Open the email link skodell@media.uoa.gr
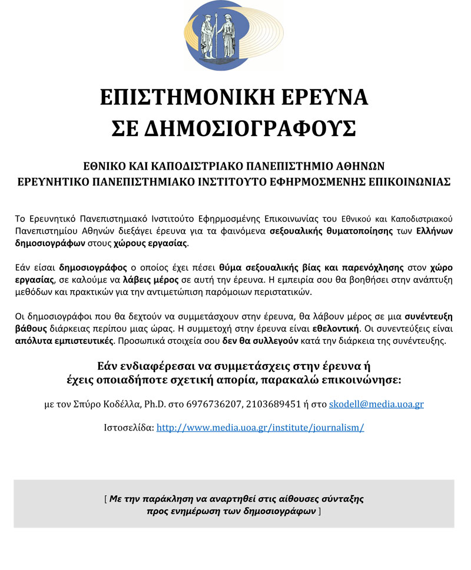[376, 405]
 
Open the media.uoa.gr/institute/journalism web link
[260, 427]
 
